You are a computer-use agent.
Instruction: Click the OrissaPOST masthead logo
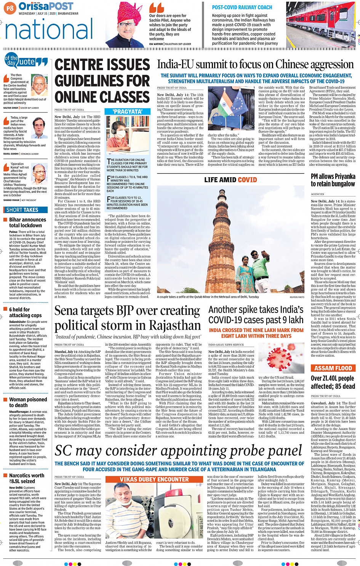pyautogui.click(x=46, y=6)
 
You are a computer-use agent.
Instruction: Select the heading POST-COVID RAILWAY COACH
pyautogui.click(x=242, y=7)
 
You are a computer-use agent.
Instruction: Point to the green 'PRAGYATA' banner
pyautogui.click(x=127, y=111)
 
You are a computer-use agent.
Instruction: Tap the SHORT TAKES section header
pyautogui.click(x=23, y=210)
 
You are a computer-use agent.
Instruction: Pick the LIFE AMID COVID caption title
pyautogui.click(x=230, y=180)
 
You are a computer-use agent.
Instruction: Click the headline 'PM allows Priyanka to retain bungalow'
pyautogui.click(x=333, y=180)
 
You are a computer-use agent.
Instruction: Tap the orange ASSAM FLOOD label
pyautogui.click(x=333, y=368)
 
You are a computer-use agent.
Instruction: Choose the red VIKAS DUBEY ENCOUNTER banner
pyautogui.click(x=154, y=479)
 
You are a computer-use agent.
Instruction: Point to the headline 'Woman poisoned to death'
pyautogui.click(x=28, y=402)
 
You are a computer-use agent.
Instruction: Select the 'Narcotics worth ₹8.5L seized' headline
pyautogui.click(x=27, y=478)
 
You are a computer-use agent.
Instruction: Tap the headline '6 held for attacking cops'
pyautogui.click(x=26, y=312)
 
